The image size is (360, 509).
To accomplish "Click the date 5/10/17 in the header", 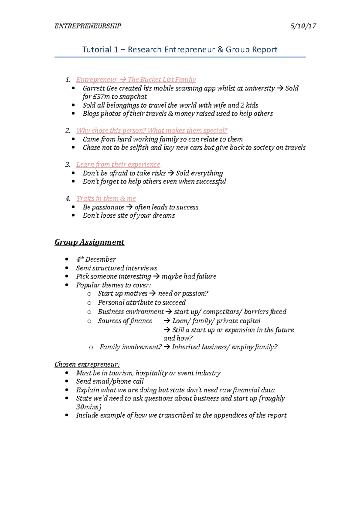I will pyautogui.click(x=303, y=26).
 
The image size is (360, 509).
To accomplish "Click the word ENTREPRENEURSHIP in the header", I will pyautogui.click(x=88, y=26).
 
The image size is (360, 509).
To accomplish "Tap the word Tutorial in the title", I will pyautogui.click(x=97, y=49).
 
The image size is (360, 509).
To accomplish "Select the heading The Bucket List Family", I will pyautogui.click(x=162, y=79).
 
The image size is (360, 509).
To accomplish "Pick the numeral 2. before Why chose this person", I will pyautogui.click(x=68, y=130).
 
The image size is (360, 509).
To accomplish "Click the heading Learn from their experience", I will pyautogui.click(x=118, y=164).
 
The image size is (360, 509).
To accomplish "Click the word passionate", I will pyautogui.click(x=108, y=207).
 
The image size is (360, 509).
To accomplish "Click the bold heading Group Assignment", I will pyautogui.click(x=89, y=242).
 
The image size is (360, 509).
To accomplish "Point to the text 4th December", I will pyautogui.click(x=96, y=259).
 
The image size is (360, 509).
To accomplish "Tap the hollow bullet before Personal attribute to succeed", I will pyautogui.click(x=89, y=303).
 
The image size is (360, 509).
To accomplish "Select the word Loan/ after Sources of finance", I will pyautogui.click(x=181, y=321).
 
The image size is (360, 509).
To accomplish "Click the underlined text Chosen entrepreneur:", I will pyautogui.click(x=87, y=364).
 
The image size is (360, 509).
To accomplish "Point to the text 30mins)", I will pyautogui.click(x=89, y=407).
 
